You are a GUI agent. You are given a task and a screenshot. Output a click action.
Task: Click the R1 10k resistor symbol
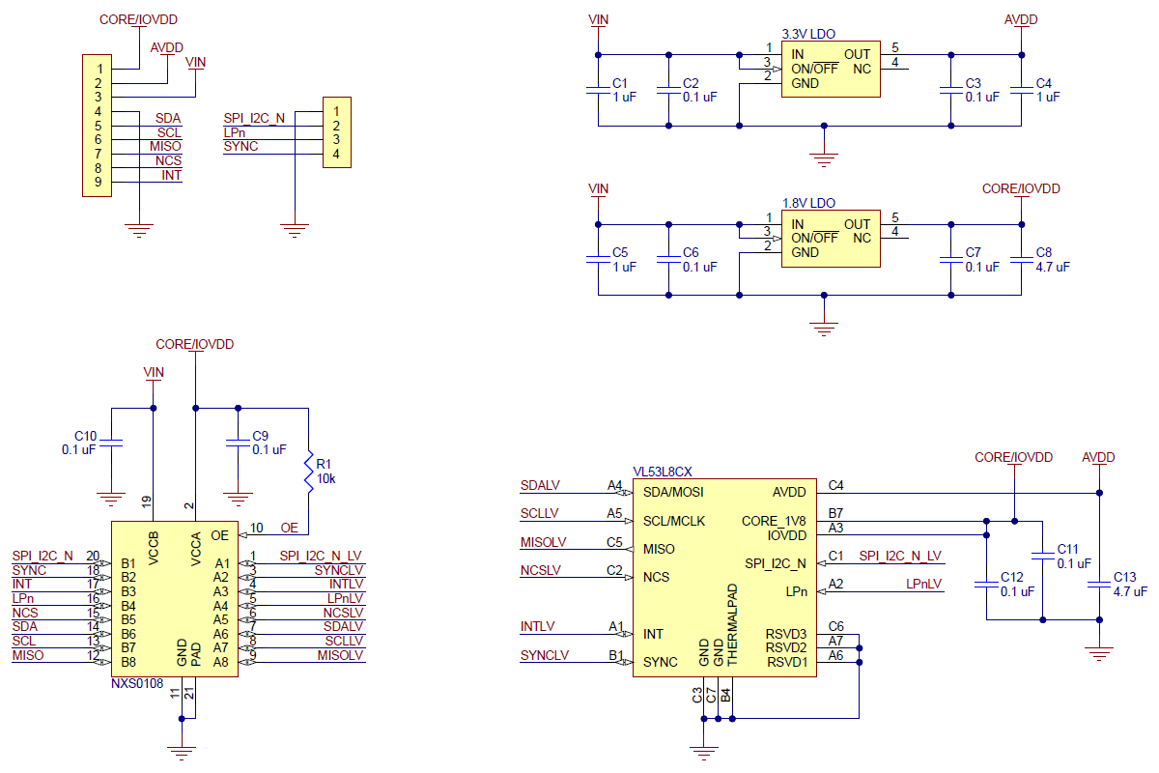[x=308, y=472]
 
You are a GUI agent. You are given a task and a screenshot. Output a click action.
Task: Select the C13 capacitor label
[x=1124, y=577]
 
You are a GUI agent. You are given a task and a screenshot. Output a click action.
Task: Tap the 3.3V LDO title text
[x=808, y=34]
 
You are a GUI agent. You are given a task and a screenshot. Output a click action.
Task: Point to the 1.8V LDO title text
[x=808, y=204]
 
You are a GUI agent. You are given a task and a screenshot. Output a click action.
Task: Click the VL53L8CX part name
[x=663, y=472]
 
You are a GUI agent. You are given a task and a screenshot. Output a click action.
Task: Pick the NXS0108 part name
[x=137, y=683]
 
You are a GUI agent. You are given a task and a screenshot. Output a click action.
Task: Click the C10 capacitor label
[x=85, y=436]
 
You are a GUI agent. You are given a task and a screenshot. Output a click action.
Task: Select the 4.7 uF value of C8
[x=1053, y=267]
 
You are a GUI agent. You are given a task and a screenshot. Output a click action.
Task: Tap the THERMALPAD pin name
[x=732, y=624]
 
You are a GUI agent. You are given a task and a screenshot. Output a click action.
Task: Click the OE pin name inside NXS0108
[x=219, y=535]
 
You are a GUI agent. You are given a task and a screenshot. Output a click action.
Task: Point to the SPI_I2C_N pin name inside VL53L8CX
[x=775, y=564]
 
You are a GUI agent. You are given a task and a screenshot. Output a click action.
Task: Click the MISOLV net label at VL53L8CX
[x=543, y=542]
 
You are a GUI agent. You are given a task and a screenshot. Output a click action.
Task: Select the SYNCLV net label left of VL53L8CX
[x=545, y=655]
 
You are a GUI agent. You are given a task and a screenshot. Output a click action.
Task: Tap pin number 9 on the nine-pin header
[x=98, y=182]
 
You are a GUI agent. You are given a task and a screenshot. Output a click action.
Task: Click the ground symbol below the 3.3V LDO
[x=824, y=160]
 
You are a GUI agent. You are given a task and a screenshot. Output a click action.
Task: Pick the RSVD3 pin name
[x=786, y=634]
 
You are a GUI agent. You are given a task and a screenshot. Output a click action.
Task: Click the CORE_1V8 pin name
[x=774, y=522]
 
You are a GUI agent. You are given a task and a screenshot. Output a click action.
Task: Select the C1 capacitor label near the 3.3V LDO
[x=619, y=83]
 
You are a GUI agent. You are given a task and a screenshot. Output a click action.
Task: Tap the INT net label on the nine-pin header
[x=171, y=176]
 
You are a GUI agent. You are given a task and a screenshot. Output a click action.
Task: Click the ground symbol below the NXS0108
[x=182, y=753]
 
